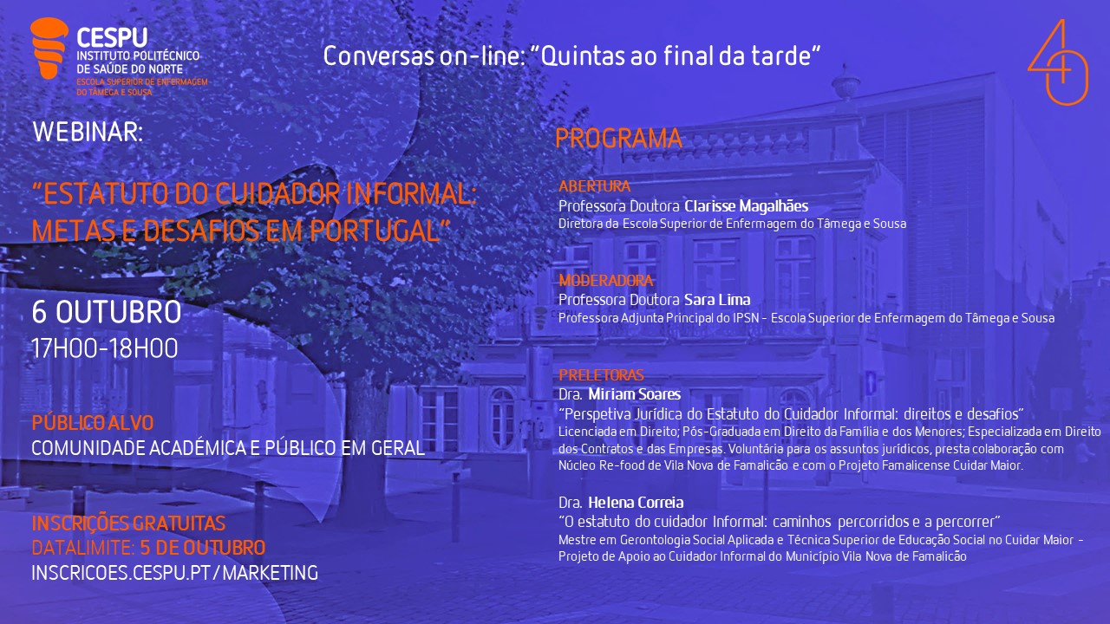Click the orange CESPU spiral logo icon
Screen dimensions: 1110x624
pos(49,48)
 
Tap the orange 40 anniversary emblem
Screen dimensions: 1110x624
pos(1059,62)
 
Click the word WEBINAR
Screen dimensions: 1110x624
pos(88,133)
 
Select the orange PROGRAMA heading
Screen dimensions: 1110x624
pos(618,139)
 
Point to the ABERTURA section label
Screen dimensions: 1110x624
pos(594,186)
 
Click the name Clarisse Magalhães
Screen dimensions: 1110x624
pos(747,206)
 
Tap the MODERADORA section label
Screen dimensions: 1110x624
pos(605,281)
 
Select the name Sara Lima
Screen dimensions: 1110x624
pos(717,300)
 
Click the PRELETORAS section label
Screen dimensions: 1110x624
pos(601,375)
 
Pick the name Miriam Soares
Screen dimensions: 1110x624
pos(634,394)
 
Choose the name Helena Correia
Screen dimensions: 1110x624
pos(636,503)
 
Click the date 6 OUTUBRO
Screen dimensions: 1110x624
pos(107,312)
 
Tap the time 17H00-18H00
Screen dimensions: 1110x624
pos(105,348)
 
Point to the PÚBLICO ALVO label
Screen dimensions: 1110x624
pos(93,423)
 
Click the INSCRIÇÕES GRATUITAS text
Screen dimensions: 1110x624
pos(128,523)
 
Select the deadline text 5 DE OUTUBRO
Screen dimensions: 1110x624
pos(203,548)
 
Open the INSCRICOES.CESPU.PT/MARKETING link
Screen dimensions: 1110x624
pos(175,573)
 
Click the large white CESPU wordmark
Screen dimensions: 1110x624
pos(112,37)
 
